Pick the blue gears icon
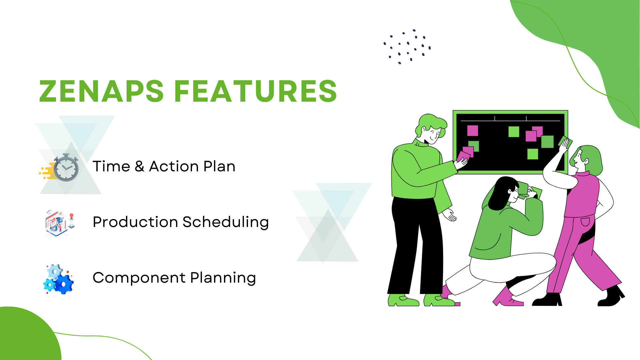click(59, 279)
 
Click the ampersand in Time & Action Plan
click(139, 166)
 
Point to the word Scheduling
click(226, 222)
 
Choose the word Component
click(139, 278)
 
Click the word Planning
click(223, 278)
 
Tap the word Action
click(173, 166)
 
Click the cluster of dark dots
click(407, 46)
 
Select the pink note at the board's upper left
click(472, 130)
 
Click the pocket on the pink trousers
click(585, 222)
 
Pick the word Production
click(135, 222)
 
